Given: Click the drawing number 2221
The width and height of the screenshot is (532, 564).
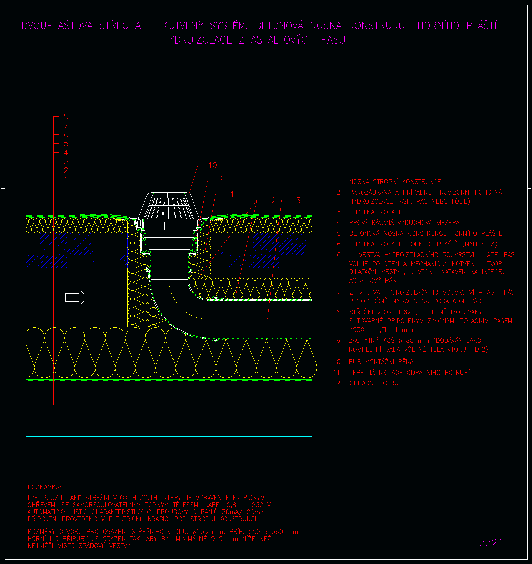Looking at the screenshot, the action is click(491, 543).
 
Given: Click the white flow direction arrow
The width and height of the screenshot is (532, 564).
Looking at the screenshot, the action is click(77, 297).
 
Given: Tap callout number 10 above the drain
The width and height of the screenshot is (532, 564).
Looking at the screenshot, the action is click(213, 165).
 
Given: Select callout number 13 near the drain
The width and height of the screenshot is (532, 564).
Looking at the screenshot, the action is click(296, 200).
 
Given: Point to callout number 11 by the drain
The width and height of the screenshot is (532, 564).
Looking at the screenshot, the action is click(230, 194).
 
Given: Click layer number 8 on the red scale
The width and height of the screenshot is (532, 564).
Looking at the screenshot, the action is click(66, 117).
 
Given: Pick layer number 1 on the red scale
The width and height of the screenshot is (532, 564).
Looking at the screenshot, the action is click(66, 180).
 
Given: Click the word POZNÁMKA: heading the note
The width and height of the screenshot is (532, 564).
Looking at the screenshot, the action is click(45, 487).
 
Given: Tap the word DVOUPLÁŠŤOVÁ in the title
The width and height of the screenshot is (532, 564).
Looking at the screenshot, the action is click(57, 25).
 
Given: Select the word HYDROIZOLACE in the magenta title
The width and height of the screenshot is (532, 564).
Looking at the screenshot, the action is click(197, 40).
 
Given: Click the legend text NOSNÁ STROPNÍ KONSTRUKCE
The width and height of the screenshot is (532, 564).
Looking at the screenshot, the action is click(395, 182).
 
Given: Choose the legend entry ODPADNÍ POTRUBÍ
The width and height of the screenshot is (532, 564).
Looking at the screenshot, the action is click(377, 383).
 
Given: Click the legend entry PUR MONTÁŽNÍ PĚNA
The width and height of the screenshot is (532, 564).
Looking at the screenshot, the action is click(381, 362).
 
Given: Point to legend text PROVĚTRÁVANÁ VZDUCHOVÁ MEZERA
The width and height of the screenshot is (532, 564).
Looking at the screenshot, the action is click(404, 223).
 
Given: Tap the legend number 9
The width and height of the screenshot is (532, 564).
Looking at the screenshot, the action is click(339, 341).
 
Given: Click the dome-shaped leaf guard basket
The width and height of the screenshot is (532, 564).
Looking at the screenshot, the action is click(168, 206).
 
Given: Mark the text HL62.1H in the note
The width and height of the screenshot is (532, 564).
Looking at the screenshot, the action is click(145, 498).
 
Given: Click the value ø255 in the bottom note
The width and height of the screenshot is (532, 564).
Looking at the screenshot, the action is click(200, 532).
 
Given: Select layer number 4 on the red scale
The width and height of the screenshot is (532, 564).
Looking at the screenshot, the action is click(66, 153).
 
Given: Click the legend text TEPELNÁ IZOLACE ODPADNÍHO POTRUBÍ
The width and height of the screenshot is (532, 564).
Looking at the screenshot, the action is click(409, 373).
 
